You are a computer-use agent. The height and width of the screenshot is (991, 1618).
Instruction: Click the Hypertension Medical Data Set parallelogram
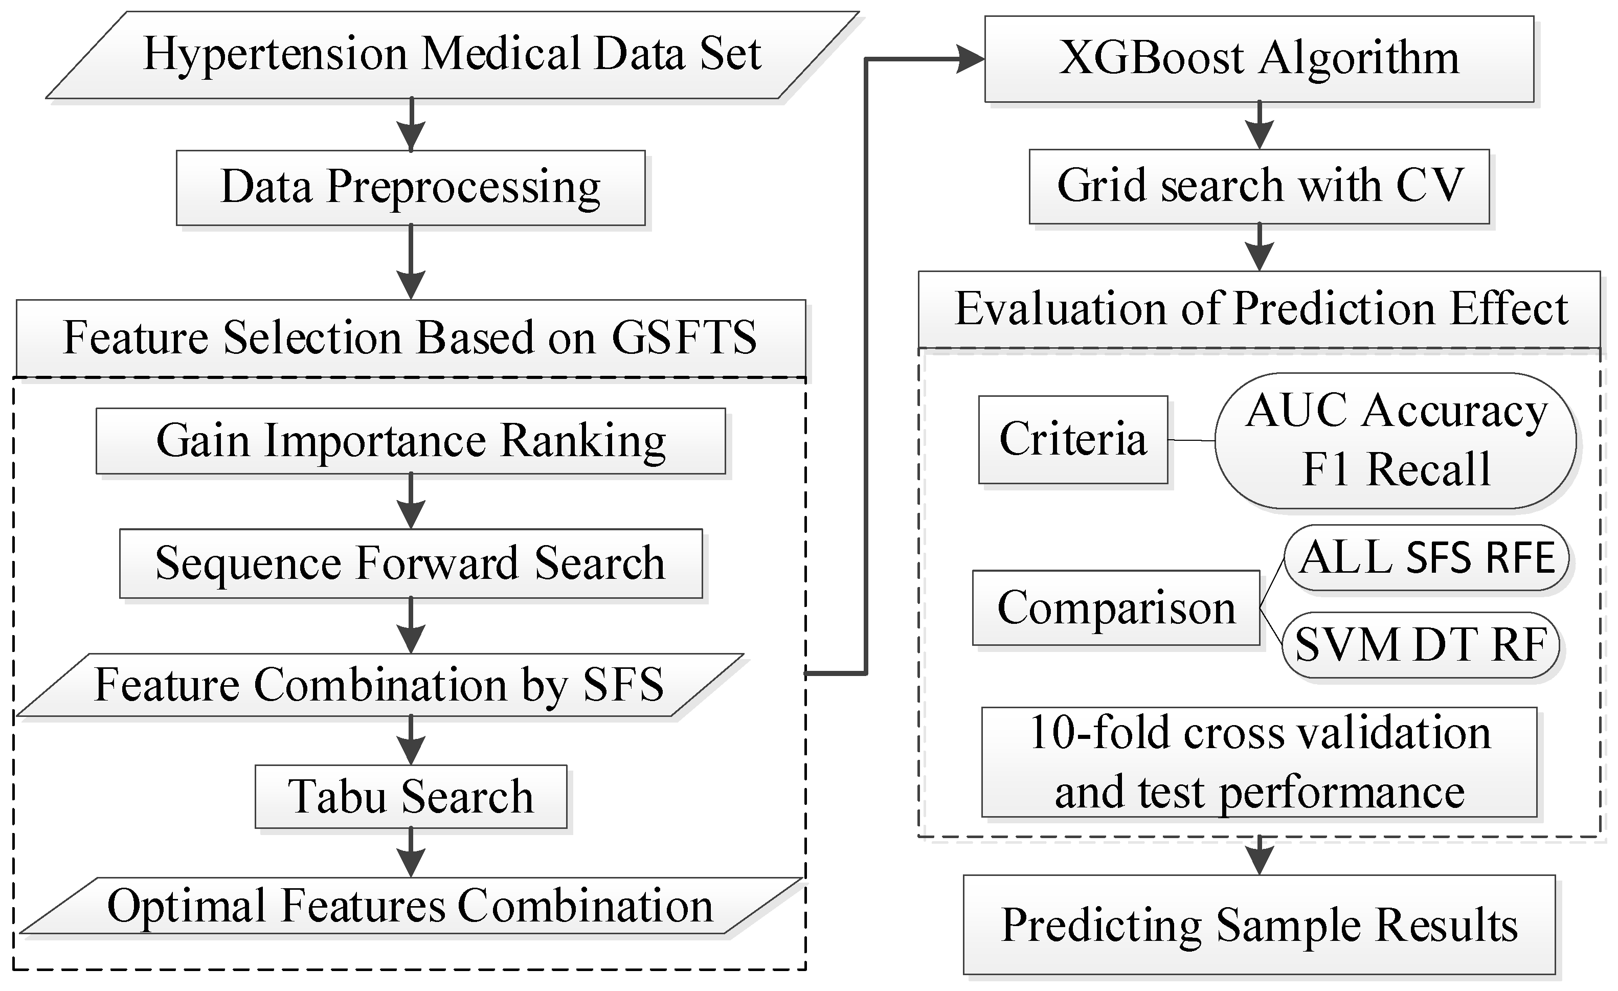452,55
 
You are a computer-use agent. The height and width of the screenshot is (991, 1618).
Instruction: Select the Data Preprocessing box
411,188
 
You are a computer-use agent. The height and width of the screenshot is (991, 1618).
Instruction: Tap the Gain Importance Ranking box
411,441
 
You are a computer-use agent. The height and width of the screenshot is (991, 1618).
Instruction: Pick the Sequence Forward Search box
411,564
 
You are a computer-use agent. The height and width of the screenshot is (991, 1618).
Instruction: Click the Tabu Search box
411,797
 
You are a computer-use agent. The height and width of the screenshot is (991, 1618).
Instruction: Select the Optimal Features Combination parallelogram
411,906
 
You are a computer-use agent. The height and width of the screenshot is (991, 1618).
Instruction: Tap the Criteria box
1072,439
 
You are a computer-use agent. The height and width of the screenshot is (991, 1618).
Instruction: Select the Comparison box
1116,608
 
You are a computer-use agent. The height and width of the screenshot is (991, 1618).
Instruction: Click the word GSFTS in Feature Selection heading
684,338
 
